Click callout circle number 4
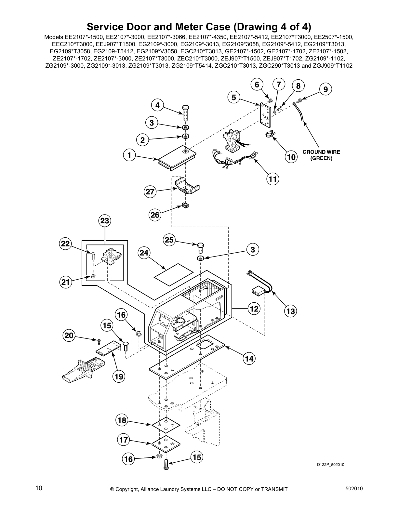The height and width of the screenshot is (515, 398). click(158, 106)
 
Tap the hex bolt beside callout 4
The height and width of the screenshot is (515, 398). click(186, 113)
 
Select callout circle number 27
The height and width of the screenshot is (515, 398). click(150, 192)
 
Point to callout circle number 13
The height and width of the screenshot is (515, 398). click(290, 311)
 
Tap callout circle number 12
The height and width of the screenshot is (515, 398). click(254, 309)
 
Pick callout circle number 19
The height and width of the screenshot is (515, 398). click(119, 376)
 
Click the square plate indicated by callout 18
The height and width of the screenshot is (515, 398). click(166, 425)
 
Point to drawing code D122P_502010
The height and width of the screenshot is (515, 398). click(330, 465)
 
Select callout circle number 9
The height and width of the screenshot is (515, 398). click(325, 89)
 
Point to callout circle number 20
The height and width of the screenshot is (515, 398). click(69, 336)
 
